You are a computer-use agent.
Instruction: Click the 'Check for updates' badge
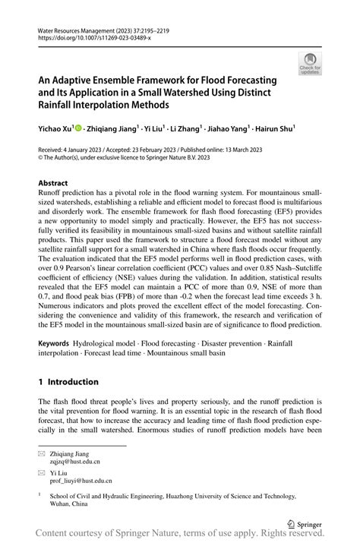pyautogui.click(x=309, y=64)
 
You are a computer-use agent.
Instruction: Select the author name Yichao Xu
pyautogui.click(x=57, y=129)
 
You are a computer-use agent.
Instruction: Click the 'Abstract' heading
pyautogui.click(x=53, y=183)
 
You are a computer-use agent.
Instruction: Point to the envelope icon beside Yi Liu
pyautogui.click(x=43, y=472)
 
